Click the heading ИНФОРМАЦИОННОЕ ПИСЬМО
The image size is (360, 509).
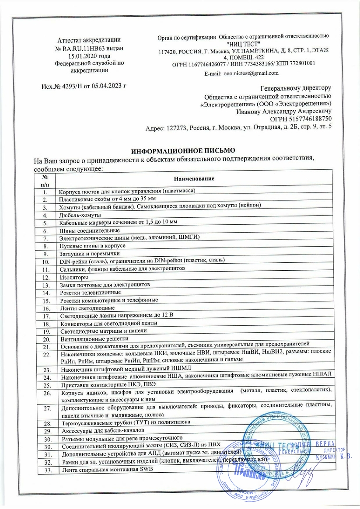click(x=180, y=150)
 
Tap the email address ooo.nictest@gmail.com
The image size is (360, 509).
click(x=251, y=73)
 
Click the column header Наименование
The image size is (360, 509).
click(x=194, y=179)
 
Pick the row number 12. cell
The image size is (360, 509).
click(x=45, y=278)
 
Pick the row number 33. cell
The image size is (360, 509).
click(x=45, y=470)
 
